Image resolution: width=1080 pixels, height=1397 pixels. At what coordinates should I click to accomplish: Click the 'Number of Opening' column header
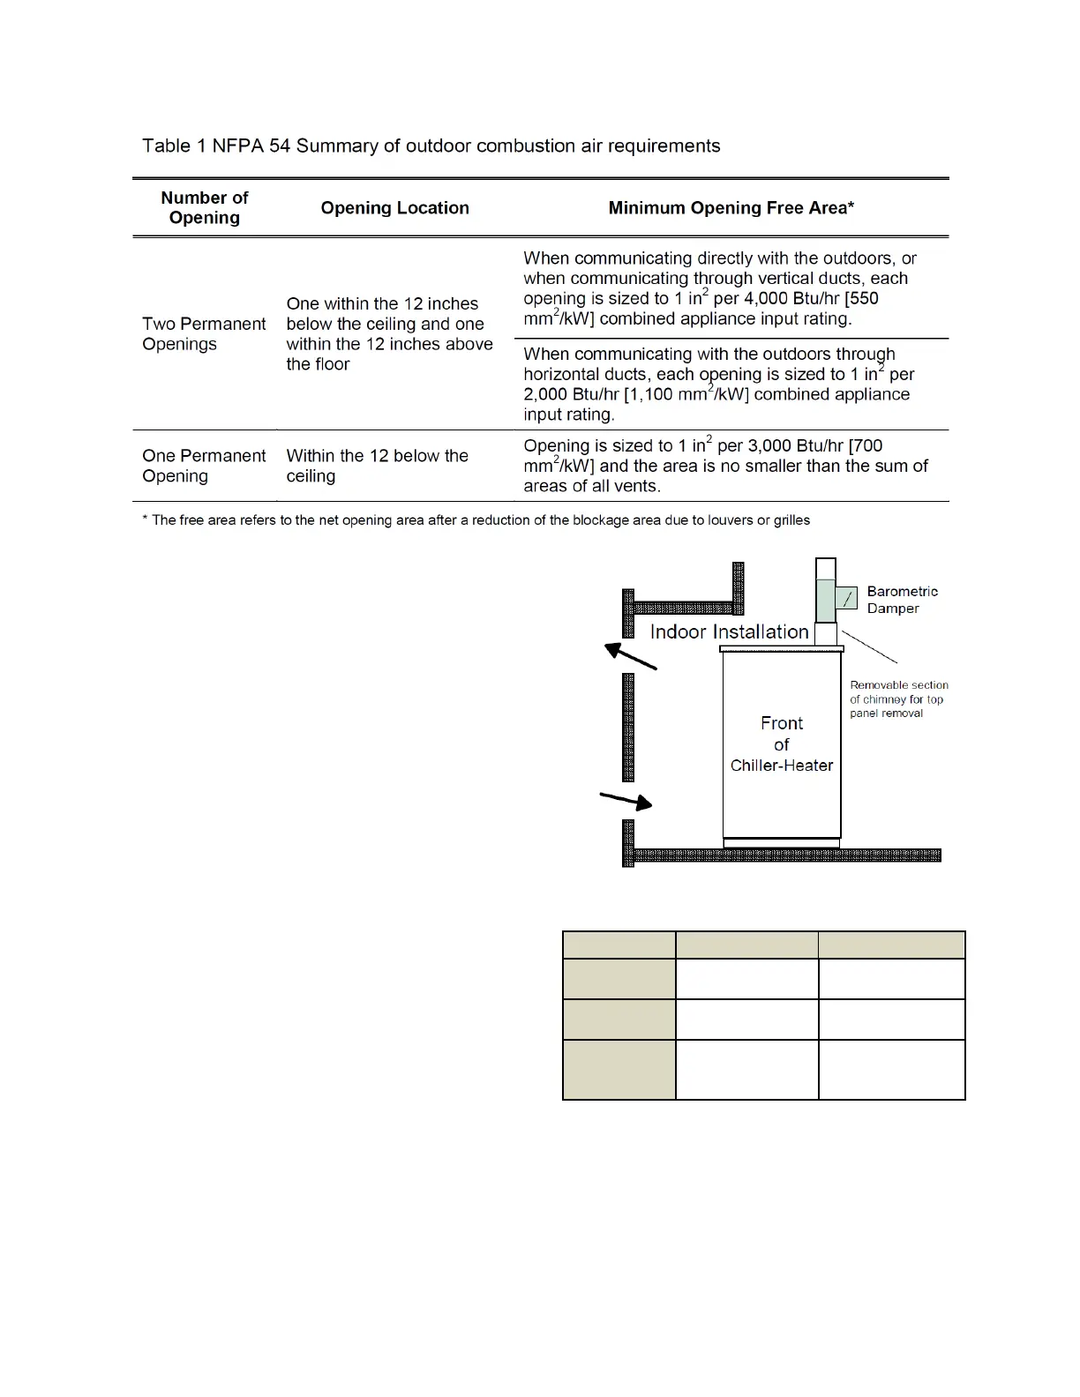[x=204, y=208]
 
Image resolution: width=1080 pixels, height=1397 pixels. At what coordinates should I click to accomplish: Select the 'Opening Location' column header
[x=394, y=208]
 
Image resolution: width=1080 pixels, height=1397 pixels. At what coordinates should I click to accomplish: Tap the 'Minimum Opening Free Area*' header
[x=731, y=208]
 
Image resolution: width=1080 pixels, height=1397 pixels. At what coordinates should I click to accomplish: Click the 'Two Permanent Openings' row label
[x=204, y=334]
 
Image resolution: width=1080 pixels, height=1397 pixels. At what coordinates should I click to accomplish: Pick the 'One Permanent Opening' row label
[x=204, y=466]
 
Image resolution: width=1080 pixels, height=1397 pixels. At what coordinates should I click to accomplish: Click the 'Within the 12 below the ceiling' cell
[x=377, y=466]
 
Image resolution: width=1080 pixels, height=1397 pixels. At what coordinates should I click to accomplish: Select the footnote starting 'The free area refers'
[x=476, y=520]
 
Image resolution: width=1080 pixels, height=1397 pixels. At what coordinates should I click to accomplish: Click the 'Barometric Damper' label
[x=902, y=600]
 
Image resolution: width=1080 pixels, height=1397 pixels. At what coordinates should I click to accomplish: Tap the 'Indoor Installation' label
[x=729, y=631]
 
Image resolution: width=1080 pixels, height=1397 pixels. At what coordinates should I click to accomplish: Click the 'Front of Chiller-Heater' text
[x=782, y=743]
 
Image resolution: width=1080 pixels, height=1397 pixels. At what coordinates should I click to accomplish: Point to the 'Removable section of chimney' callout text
[x=898, y=698]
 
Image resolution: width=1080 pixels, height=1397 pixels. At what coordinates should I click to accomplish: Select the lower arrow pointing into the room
[x=626, y=800]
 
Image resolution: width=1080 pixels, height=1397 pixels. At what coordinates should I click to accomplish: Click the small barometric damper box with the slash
[x=846, y=599]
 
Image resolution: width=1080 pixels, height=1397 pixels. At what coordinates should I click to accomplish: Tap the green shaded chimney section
[x=824, y=601]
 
